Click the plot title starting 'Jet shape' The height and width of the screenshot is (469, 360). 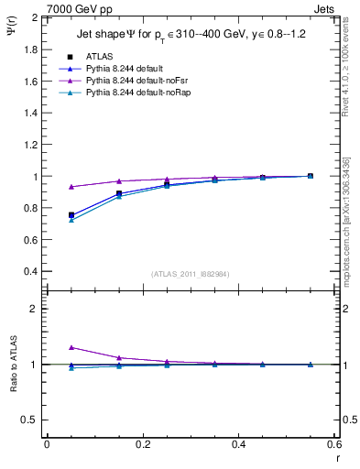(191, 36)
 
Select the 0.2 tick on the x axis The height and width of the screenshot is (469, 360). (143, 444)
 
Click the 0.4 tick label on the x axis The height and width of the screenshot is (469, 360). (239, 444)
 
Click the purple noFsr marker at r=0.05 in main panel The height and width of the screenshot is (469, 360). (71, 187)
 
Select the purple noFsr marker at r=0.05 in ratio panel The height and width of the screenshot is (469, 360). (71, 347)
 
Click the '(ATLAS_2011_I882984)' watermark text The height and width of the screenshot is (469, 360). (191, 274)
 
